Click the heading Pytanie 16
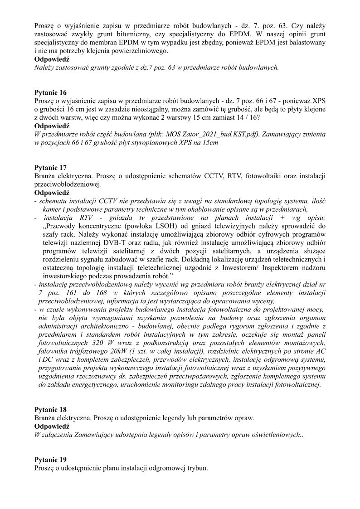[x=50, y=92]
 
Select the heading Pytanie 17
[x=50, y=167]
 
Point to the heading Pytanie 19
[x=50, y=459]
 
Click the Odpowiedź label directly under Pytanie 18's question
[x=52, y=427]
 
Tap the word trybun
[x=197, y=468]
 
